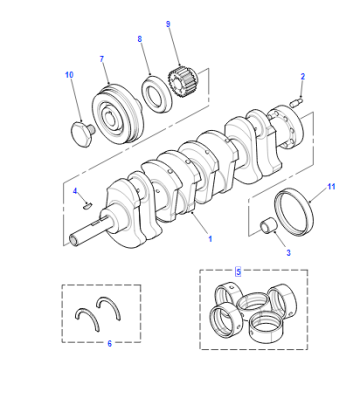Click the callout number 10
[69, 75]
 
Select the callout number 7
[102, 59]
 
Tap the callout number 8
[139, 39]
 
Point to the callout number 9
[168, 24]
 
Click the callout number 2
[302, 76]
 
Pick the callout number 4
[75, 191]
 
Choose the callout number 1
[210, 239]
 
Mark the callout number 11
[331, 186]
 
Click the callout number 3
[288, 253]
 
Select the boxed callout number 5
[238, 272]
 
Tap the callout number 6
[109, 343]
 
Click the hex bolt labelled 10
[83, 134]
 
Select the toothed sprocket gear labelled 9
[183, 82]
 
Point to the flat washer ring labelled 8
[156, 93]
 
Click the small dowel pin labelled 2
[296, 102]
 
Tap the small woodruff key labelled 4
[88, 205]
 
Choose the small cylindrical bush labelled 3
[268, 225]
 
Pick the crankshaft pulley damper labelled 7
[118, 114]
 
